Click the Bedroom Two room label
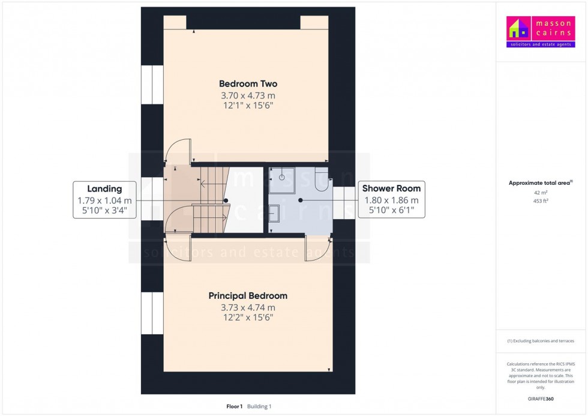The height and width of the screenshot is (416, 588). click(248, 84)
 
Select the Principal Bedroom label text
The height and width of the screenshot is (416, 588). click(248, 296)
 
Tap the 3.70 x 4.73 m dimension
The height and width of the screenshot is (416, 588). click(248, 95)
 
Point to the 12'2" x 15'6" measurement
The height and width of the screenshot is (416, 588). click(248, 318)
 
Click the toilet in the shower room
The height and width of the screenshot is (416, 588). click(322, 179)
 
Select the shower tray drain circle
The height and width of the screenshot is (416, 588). click(281, 177)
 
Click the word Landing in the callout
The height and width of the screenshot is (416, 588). click(104, 188)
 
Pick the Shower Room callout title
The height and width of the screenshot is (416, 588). click(391, 188)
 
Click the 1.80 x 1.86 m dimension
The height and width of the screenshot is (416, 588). click(391, 200)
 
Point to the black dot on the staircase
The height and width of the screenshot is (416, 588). click(226, 200)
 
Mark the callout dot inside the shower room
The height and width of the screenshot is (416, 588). click(301, 200)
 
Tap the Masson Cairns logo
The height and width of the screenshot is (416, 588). click(540, 32)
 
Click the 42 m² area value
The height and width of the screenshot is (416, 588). click(541, 193)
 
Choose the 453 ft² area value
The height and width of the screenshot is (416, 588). click(541, 201)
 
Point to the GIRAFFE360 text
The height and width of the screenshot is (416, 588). click(541, 398)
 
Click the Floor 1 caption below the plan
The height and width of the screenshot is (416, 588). click(233, 406)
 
